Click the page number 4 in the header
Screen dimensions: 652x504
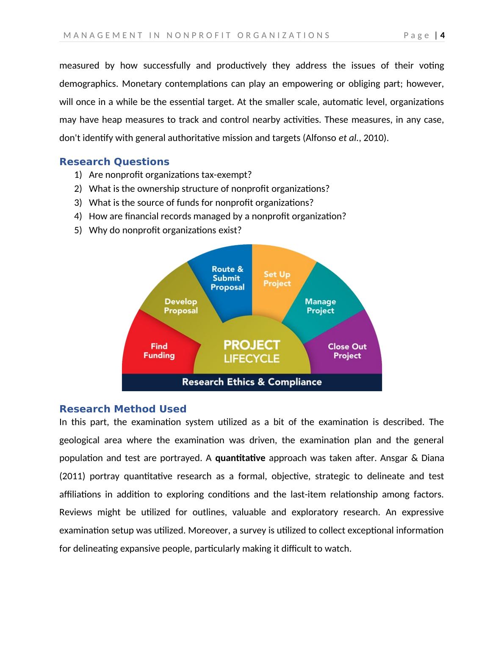pyautogui.click(x=443, y=35)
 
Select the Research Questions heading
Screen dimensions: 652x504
pyautogui.click(x=114, y=162)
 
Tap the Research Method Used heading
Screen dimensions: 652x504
pyautogui.click(x=123, y=409)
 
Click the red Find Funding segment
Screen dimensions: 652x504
pyautogui.click(x=159, y=351)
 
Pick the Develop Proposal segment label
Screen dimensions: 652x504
pyautogui.click(x=181, y=306)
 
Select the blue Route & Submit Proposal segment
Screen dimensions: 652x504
pyautogui.click(x=227, y=278)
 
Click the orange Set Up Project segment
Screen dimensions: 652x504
pyautogui.click(x=277, y=279)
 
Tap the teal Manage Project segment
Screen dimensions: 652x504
pyautogui.click(x=320, y=306)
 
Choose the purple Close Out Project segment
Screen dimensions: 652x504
pyautogui.click(x=347, y=351)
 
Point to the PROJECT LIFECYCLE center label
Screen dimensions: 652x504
pyautogui.click(x=252, y=351)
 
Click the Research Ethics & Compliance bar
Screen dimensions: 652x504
pyautogui.click(x=252, y=382)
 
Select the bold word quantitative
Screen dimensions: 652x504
pyautogui.click(x=240, y=458)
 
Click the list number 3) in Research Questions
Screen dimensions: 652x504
pyautogui.click(x=78, y=202)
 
